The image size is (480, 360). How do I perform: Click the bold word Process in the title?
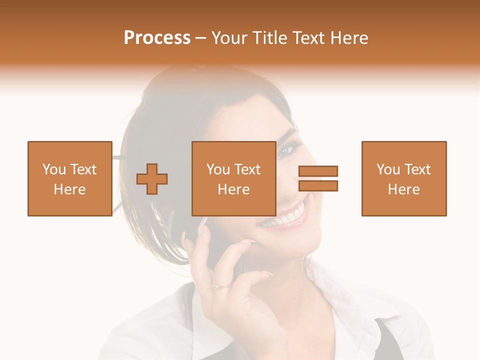coord(157,38)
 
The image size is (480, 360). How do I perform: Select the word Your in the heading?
coord(230,38)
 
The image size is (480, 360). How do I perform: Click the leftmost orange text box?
coord(69,178)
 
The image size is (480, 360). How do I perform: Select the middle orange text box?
coord(233,178)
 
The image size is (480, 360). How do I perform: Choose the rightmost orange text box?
coord(403,178)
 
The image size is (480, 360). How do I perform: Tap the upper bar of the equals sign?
coord(318,171)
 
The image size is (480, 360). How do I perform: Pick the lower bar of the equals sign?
coord(318,185)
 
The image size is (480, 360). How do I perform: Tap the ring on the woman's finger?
coord(220,286)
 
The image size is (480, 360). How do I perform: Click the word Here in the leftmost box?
coord(69,189)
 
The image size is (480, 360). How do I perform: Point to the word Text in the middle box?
coord(247,169)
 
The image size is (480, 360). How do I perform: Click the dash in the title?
coord(200,38)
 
